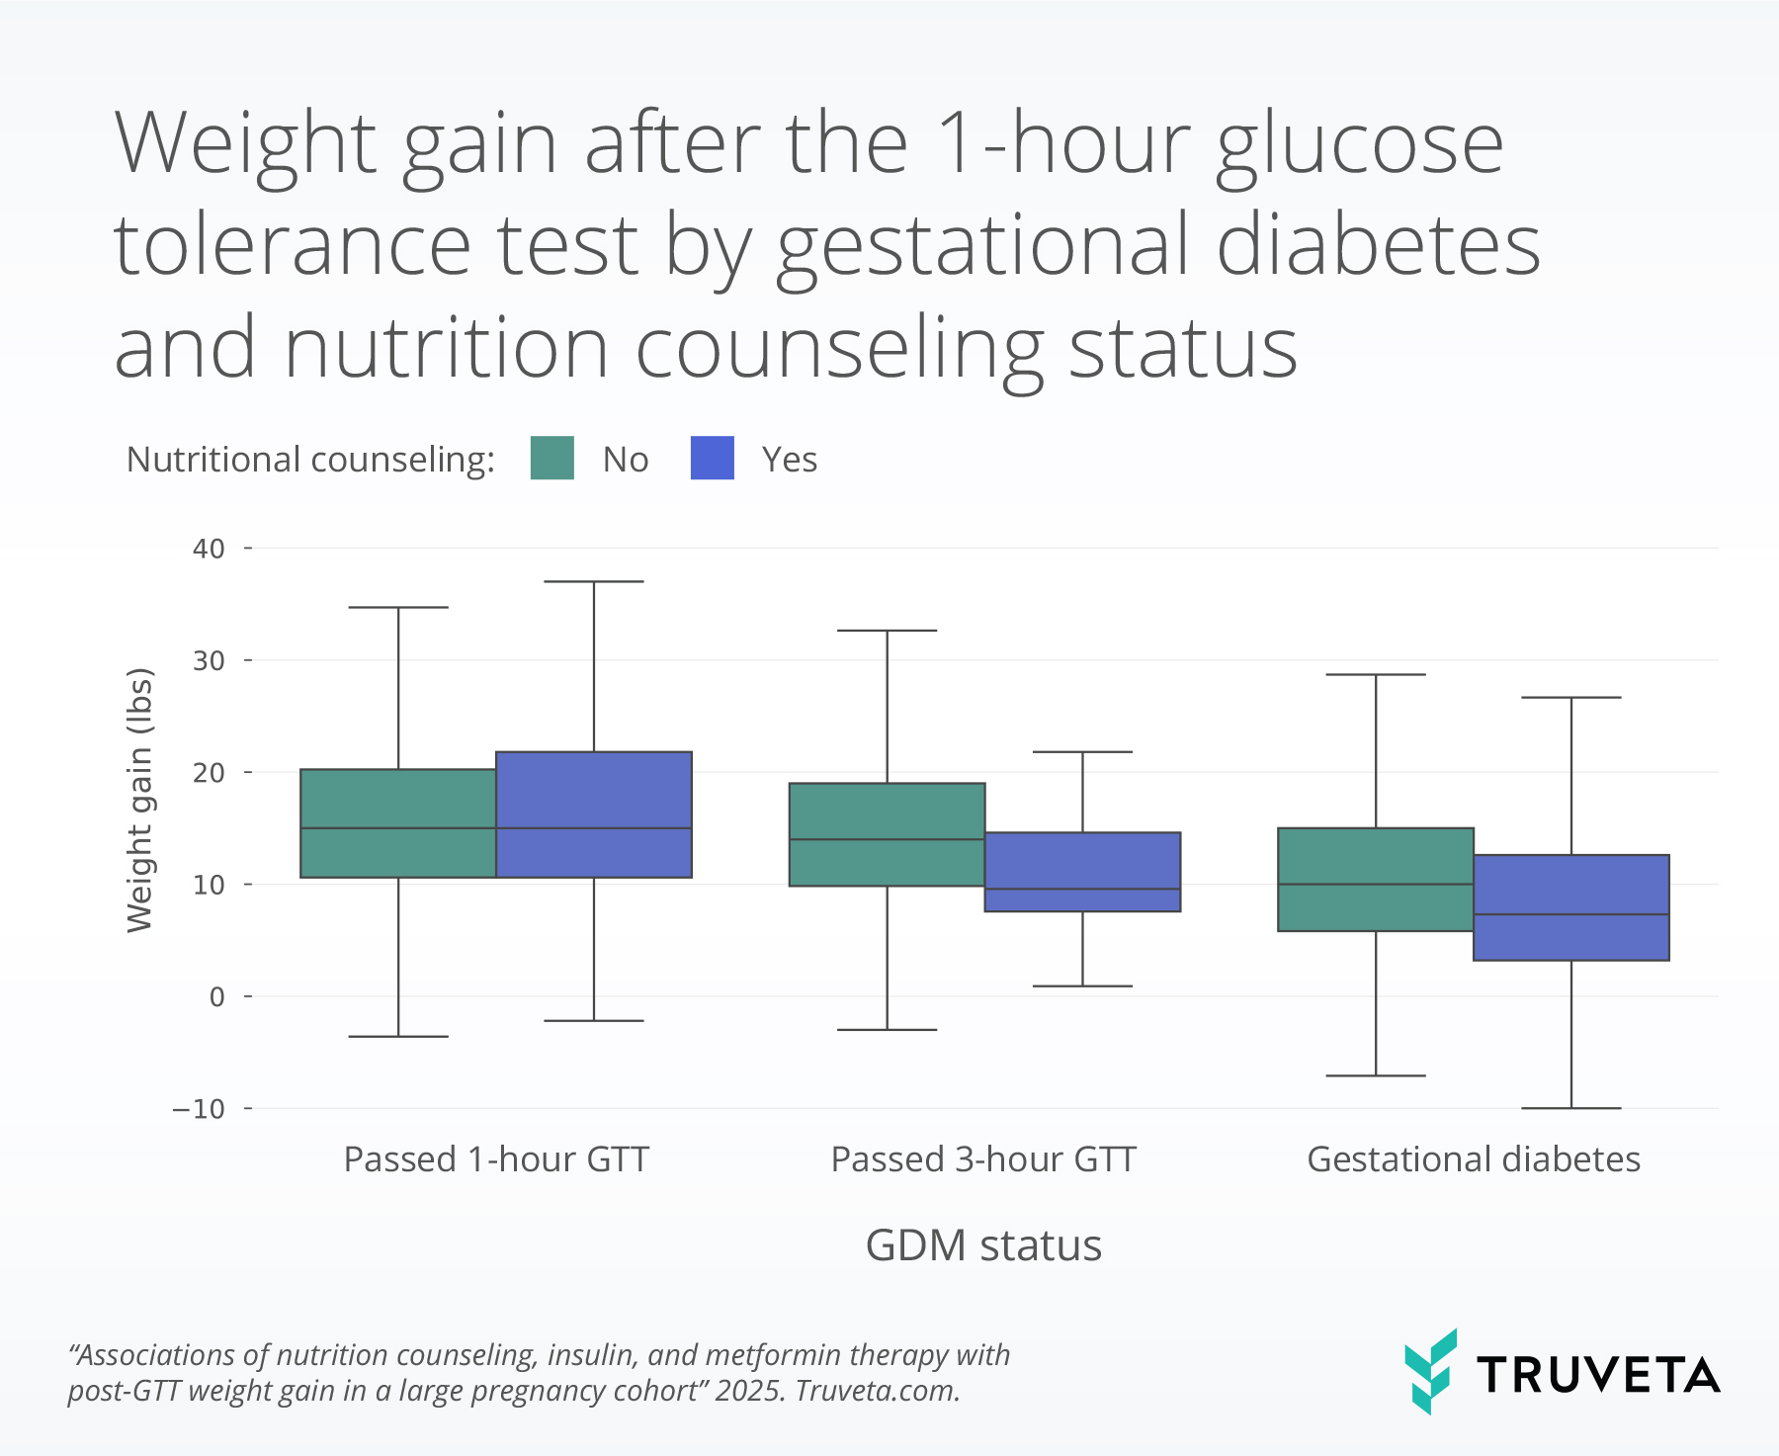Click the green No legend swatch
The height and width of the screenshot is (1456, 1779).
[551, 458]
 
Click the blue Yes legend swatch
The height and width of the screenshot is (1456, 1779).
[713, 458]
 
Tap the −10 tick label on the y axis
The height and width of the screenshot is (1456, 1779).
[199, 1109]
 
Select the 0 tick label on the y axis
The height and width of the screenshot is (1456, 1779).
[217, 996]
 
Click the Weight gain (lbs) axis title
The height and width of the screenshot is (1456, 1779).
[140, 800]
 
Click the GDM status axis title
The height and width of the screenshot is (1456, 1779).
[983, 1245]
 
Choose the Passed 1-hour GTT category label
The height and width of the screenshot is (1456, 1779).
[496, 1158]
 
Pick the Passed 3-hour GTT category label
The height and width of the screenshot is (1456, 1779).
[983, 1158]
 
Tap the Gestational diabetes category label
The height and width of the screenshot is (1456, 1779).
[1474, 1158]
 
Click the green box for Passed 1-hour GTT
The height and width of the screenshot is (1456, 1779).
[398, 823]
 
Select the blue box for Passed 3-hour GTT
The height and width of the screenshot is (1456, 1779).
[1082, 872]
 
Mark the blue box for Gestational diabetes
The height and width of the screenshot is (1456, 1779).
[1571, 907]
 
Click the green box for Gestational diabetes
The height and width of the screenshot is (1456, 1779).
[1376, 880]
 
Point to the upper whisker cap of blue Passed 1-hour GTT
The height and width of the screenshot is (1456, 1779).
[594, 581]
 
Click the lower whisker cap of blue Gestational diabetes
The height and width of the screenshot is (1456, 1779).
[1571, 1108]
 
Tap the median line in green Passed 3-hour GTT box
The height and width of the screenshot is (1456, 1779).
[887, 839]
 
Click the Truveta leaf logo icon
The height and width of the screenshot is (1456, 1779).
[1431, 1372]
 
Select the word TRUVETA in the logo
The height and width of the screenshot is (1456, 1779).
[1599, 1375]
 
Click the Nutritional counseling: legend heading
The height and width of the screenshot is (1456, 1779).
[310, 460]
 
